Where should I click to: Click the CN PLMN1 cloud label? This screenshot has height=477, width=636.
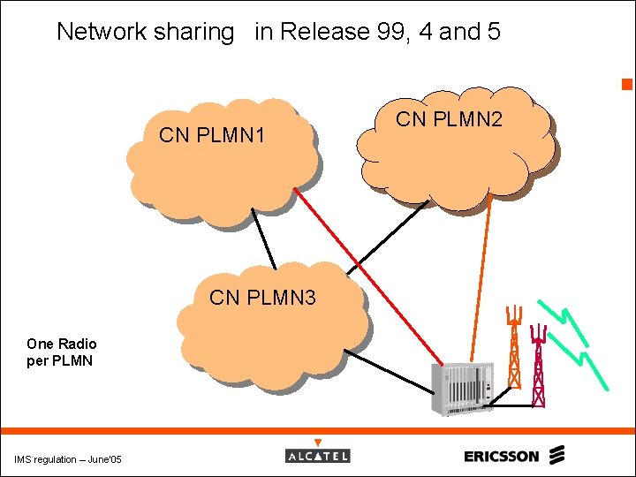tap(211, 136)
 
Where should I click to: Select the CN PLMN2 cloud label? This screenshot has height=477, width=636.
tap(449, 118)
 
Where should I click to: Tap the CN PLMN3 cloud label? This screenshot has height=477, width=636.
tap(262, 298)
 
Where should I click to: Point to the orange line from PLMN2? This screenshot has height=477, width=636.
tap(497, 283)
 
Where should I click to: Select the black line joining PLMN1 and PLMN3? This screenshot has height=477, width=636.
tap(263, 238)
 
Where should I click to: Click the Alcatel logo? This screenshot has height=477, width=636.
tap(318, 454)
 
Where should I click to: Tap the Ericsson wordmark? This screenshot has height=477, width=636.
tap(501, 456)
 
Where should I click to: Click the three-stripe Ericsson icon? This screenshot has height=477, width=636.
tap(556, 455)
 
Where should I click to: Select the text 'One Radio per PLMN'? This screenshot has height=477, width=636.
tap(62, 352)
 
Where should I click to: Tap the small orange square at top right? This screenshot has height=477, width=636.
tap(625, 85)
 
